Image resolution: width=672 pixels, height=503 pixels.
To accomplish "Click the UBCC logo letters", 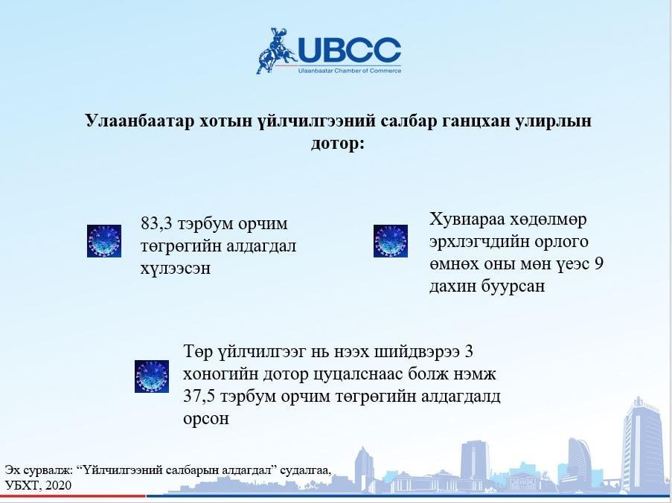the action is click(349, 51).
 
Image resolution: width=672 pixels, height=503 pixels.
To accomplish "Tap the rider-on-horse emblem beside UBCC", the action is click(276, 51).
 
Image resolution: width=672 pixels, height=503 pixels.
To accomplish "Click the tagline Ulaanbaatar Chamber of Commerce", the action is click(350, 70).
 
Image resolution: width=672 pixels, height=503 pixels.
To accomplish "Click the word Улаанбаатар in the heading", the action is click(139, 121).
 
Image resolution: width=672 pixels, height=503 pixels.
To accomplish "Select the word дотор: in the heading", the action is click(338, 143).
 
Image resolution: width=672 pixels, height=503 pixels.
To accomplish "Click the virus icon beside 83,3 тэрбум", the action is click(104, 241).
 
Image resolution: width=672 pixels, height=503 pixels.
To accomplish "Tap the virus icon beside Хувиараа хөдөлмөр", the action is click(391, 241).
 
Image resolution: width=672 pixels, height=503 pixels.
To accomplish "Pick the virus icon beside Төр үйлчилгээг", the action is click(152, 377).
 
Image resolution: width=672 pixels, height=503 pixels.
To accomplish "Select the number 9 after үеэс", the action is click(599, 263).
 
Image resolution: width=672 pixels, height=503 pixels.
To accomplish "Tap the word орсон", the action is click(205, 419).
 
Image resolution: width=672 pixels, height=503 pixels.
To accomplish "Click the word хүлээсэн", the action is click(176, 269).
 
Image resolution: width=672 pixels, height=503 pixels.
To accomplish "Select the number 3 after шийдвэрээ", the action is click(468, 352).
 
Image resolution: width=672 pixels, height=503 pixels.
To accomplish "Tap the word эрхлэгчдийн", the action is click(484, 242).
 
